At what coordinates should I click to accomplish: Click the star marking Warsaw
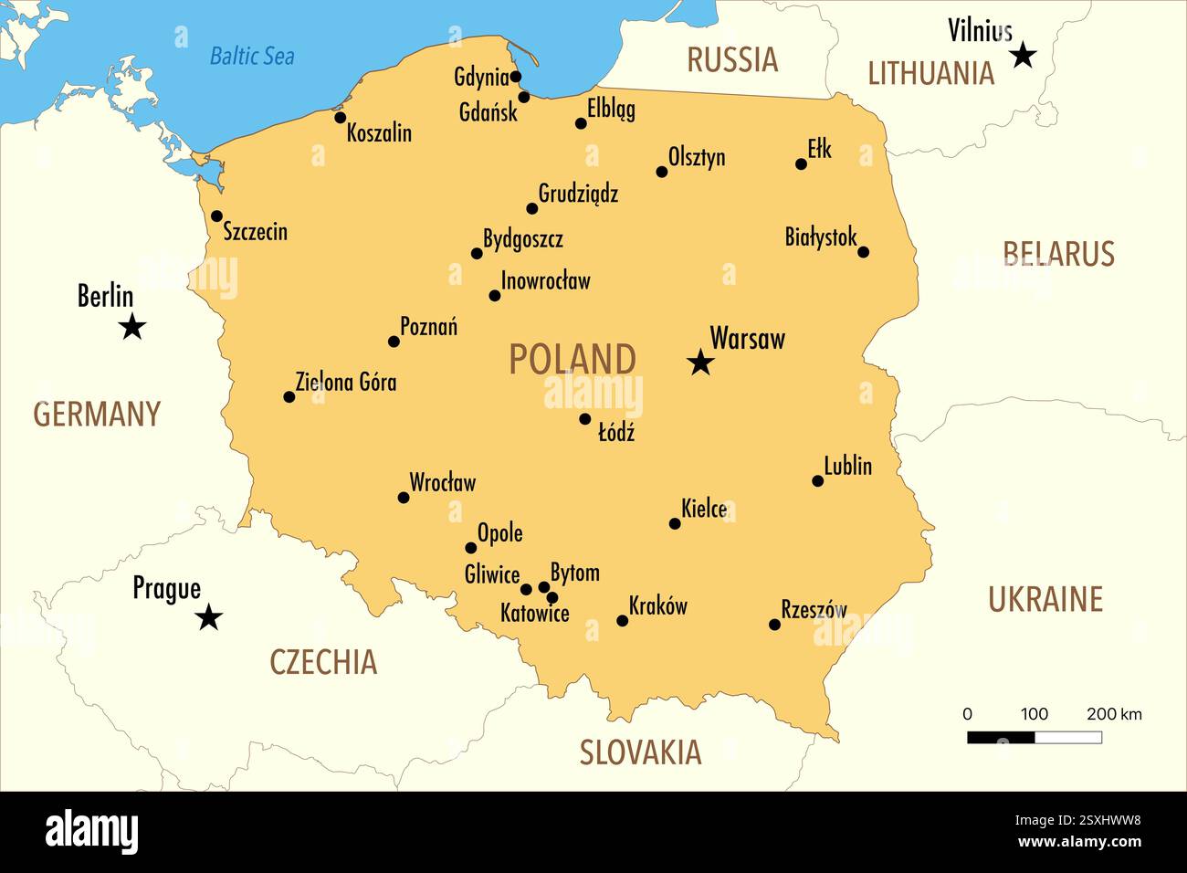tap(700, 363)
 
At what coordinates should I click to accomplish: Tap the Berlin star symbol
tap(132, 326)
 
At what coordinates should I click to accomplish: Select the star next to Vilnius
tap(1023, 56)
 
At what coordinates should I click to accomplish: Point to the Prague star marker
tap(209, 618)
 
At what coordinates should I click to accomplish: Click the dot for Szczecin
tap(216, 216)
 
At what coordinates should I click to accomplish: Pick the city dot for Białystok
tap(863, 252)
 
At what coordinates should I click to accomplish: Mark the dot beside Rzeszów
tap(774, 625)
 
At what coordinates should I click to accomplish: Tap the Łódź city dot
tap(585, 419)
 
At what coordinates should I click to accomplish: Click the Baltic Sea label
tap(252, 56)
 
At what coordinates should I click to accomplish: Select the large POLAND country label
tap(572, 359)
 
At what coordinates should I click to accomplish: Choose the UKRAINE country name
tap(1045, 599)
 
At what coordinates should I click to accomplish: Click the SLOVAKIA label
tap(640, 752)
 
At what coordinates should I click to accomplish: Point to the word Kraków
tap(657, 606)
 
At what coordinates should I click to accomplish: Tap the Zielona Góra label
tap(345, 382)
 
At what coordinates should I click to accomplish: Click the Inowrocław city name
tap(545, 281)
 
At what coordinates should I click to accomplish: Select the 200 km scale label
tap(1114, 714)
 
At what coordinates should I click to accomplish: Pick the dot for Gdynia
tap(516, 77)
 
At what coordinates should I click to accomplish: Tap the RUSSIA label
tap(731, 60)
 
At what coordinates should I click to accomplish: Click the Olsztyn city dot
tap(662, 172)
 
